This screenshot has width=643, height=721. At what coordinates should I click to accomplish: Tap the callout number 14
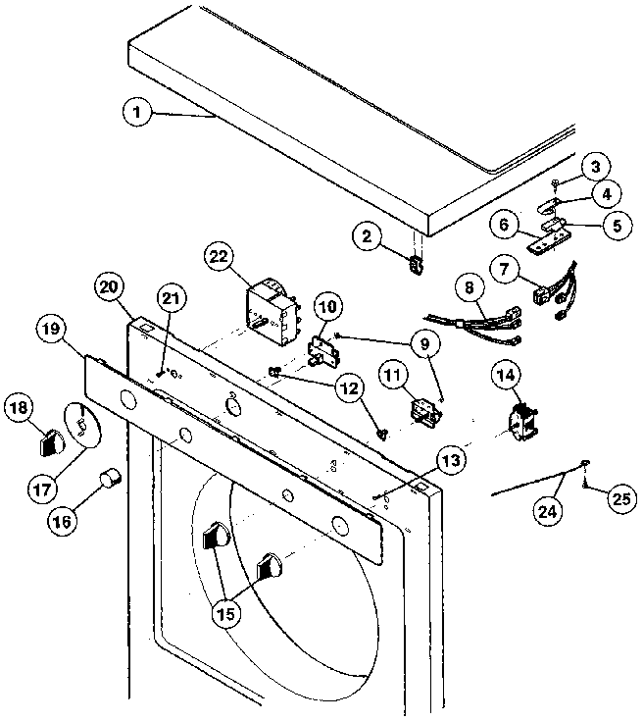coord(506,374)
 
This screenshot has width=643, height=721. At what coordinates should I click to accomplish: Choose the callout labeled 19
coord(52,328)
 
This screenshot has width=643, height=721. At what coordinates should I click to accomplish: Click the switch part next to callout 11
coord(424,408)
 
